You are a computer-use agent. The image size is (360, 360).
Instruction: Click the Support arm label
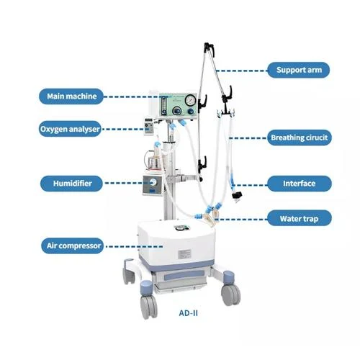tap(299, 70)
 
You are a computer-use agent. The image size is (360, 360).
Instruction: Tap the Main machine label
tap(71, 96)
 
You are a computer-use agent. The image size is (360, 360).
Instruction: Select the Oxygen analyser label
tap(70, 129)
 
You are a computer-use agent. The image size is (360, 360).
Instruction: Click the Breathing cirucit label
tap(300, 138)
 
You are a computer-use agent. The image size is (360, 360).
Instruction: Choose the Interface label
tap(300, 184)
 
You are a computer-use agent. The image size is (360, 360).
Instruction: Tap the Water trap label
tap(300, 218)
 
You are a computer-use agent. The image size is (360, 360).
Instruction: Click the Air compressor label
tap(73, 246)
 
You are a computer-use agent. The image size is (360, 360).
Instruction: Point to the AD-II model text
tap(189, 313)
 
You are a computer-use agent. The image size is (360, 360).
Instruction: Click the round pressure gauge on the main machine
tap(191, 100)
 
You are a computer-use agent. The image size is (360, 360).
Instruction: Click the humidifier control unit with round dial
tap(153, 185)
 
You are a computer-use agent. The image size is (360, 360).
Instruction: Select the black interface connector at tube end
tap(236, 195)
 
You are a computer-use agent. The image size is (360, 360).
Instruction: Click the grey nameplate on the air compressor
tap(184, 254)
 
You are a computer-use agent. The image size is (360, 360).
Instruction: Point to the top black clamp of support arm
tap(209, 48)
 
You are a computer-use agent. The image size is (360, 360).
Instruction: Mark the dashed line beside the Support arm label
tap(241, 71)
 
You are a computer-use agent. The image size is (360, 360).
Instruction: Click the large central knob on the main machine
tap(177, 111)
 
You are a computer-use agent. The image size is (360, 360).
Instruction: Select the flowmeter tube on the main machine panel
tap(164, 104)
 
